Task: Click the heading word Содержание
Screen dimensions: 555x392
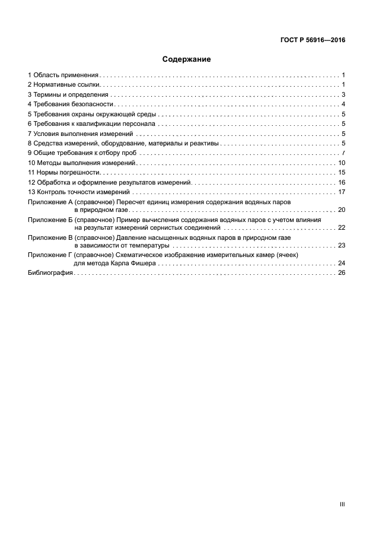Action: (x=187, y=59)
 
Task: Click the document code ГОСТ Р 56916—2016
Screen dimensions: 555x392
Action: (x=313, y=40)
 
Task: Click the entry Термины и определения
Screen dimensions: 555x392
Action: (x=71, y=94)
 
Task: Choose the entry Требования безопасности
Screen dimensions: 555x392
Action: (x=73, y=104)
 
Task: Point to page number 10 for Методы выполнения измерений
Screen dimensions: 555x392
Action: (x=342, y=163)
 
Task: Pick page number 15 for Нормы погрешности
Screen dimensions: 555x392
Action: (x=342, y=172)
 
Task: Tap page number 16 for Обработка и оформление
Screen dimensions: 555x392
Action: (x=342, y=182)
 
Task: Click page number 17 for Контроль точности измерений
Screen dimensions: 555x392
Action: (x=342, y=192)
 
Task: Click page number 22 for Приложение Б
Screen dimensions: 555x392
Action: (x=342, y=227)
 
